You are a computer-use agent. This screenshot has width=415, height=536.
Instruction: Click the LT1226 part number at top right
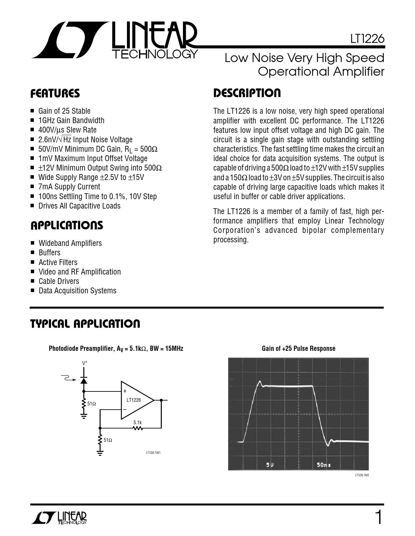367,39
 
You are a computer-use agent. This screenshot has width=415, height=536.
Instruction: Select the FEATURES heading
55,94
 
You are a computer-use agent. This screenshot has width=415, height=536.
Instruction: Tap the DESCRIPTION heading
247,93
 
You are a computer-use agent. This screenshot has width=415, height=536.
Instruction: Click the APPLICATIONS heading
67,225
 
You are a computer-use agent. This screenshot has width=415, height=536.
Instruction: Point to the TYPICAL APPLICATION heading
85,324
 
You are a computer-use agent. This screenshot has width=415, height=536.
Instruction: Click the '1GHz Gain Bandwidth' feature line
71,121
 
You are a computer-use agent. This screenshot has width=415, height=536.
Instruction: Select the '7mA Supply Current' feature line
69,187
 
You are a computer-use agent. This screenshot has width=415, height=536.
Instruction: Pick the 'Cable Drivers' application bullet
59,281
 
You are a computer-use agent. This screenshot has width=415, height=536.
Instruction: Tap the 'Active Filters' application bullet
58,262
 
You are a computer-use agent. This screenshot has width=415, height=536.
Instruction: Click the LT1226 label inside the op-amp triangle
133,400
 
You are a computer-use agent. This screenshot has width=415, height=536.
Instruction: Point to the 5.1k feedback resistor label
138,423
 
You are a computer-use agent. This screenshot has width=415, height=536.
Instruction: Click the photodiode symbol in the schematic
84,380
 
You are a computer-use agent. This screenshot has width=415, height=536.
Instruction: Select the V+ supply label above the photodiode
84,363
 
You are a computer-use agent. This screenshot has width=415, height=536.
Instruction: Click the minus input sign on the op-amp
125,409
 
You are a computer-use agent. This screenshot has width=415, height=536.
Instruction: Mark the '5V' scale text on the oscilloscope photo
270,465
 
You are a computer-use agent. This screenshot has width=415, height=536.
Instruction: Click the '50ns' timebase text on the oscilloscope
324,465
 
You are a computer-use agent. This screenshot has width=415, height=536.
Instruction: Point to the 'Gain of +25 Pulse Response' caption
298,349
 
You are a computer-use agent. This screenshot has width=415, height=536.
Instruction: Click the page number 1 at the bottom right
378,517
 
